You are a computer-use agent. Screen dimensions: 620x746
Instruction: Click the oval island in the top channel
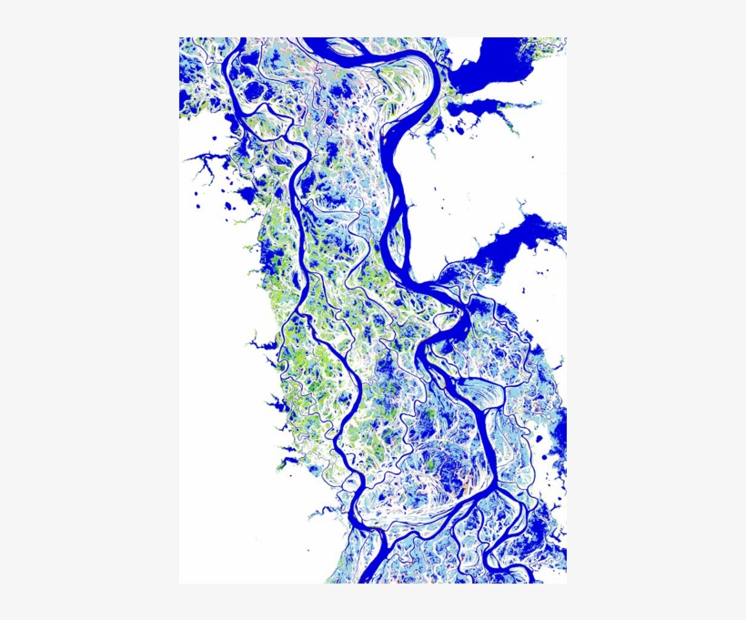pos(340,48)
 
